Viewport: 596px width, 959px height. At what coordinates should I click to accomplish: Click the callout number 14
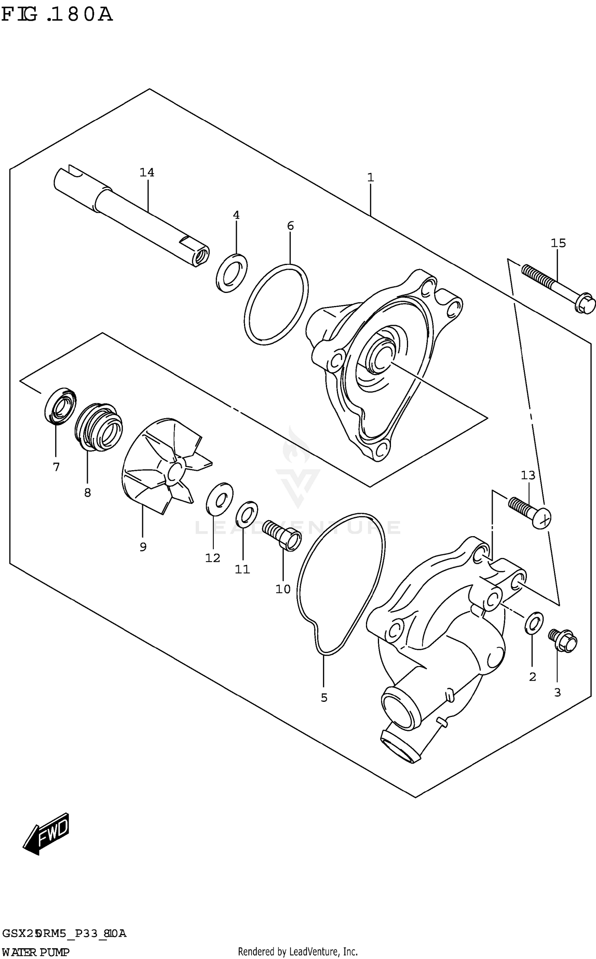pyautogui.click(x=147, y=172)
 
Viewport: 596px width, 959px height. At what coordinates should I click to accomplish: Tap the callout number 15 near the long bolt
pyautogui.click(x=558, y=243)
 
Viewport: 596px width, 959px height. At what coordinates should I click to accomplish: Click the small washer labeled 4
pyautogui.click(x=232, y=273)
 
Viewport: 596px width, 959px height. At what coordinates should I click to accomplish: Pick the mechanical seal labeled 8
pyautogui.click(x=99, y=427)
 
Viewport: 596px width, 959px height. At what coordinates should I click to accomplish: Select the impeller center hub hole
pyautogui.click(x=174, y=472)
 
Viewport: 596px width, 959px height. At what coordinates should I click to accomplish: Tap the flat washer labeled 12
pyautogui.click(x=220, y=499)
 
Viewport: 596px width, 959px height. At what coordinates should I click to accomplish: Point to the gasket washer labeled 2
pyautogui.click(x=534, y=623)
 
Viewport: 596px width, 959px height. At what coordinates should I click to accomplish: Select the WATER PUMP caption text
pyautogui.click(x=36, y=952)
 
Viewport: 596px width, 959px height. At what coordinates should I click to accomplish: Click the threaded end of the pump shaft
pyautogui.click(x=201, y=255)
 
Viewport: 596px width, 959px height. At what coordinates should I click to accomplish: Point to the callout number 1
pyautogui.click(x=370, y=177)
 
